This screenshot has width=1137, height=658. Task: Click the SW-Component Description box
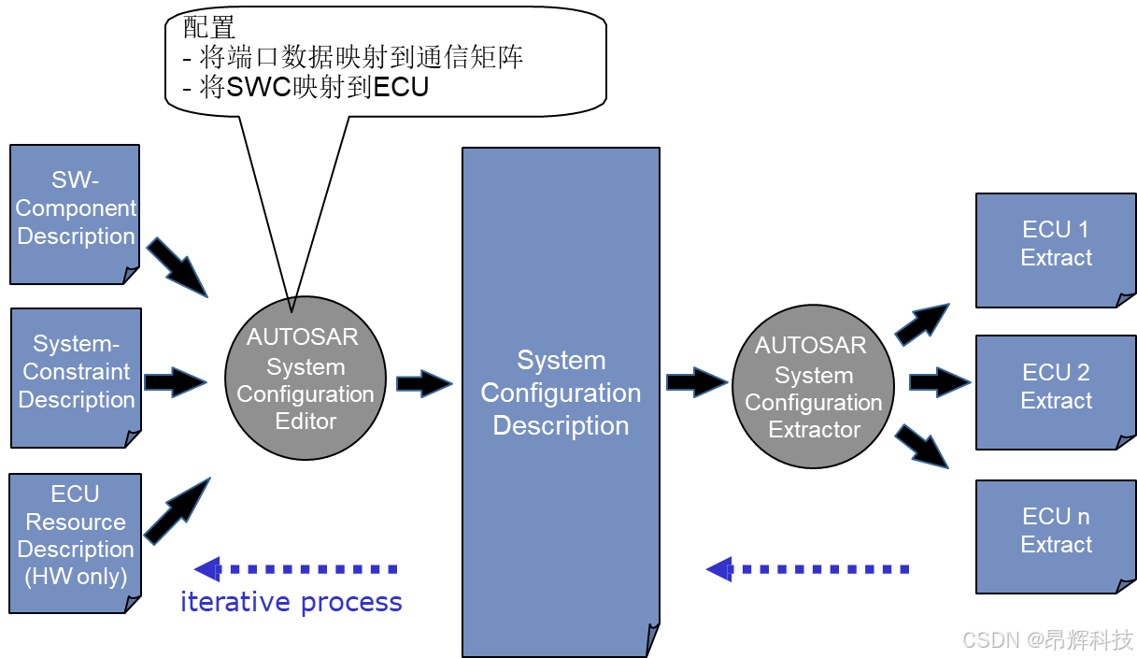(75, 213)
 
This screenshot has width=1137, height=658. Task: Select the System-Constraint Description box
(76, 377)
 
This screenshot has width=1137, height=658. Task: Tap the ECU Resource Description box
(75, 542)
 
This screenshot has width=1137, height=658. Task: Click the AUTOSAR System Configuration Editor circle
(306, 379)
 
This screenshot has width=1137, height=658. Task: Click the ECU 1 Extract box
(1056, 249)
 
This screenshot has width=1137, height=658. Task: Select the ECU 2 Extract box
(1056, 392)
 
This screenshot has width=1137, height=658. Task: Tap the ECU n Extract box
(1056, 536)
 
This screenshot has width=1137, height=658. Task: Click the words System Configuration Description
(561, 393)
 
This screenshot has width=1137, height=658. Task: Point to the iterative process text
(291, 602)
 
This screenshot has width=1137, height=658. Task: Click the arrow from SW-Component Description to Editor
(177, 265)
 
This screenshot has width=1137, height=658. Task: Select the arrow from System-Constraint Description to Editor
(175, 381)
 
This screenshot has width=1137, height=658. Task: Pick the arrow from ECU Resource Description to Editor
(178, 510)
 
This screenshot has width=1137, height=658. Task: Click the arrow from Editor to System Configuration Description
(424, 383)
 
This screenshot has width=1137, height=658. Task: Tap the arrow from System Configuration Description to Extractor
(697, 381)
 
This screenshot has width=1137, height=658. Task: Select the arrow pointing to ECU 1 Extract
(922, 323)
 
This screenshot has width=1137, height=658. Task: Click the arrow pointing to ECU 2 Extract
(940, 381)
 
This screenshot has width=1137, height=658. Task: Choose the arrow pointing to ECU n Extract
(922, 446)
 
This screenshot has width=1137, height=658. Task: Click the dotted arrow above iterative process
(295, 568)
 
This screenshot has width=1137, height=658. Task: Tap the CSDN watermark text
(1046, 639)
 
